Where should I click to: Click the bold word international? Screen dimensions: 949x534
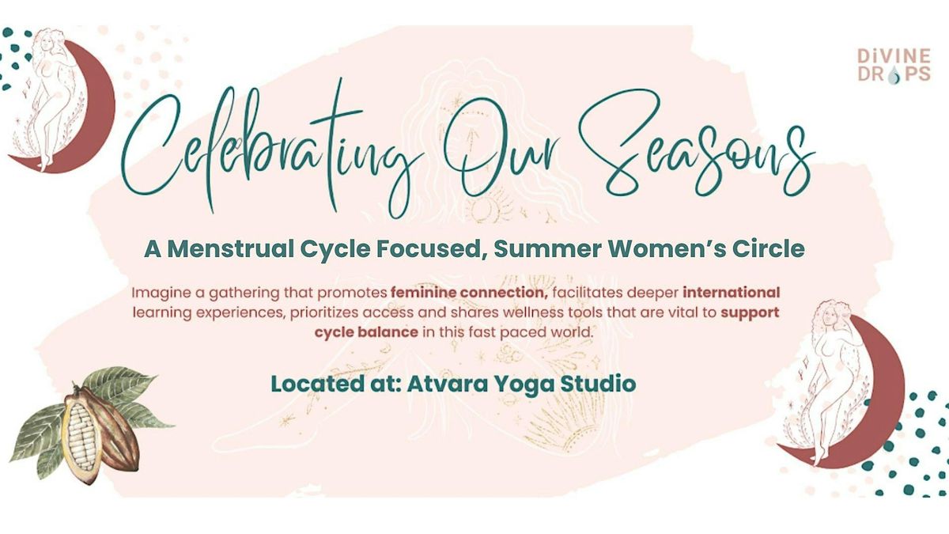[732, 293]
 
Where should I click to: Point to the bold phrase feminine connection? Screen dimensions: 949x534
[469, 293]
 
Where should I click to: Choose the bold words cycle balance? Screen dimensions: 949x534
[366, 331]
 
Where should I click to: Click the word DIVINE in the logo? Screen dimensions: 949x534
[894, 55]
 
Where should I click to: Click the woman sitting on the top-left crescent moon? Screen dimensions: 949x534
[50, 97]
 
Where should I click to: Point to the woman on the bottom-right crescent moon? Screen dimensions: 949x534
[830, 381]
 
